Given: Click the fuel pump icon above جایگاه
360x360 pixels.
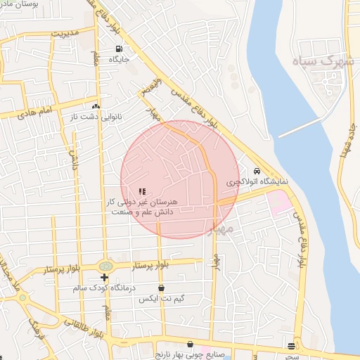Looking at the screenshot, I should point(117,49).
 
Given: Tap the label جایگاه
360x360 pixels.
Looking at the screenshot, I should point(117,60).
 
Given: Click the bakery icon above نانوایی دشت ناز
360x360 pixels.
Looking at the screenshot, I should point(96,106).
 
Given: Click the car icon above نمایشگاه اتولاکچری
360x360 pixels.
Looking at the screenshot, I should point(257,171).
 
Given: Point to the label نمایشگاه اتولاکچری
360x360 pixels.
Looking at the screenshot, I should point(257,181).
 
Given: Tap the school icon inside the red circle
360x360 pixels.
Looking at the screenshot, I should point(142,191).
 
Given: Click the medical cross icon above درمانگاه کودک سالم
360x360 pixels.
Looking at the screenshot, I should point(105,278).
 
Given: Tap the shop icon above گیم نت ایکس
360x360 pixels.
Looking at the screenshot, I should point(162,288).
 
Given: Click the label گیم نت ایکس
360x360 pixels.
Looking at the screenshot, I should point(162,299).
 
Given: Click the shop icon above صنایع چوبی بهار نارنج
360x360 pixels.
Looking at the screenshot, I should point(188,345).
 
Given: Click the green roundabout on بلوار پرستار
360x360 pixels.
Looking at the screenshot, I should point(105,266).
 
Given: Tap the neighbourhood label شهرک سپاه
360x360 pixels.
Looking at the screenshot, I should point(325,61).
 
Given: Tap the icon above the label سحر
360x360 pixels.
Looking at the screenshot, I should point(291,345).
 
